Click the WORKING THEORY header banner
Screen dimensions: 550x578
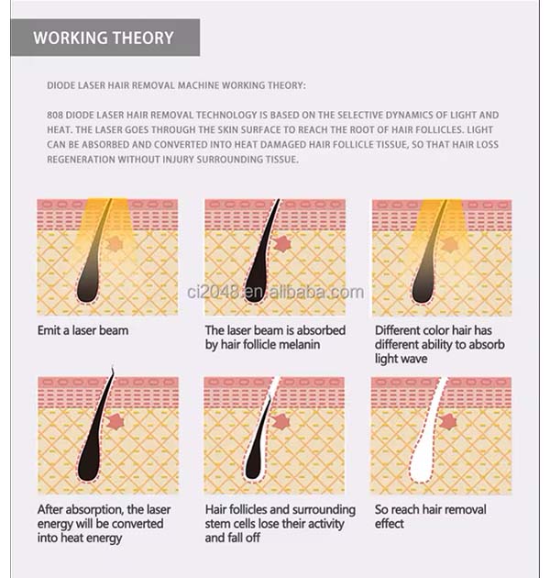(x=105, y=38)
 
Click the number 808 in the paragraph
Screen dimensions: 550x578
(x=55, y=115)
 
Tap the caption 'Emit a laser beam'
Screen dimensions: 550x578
(x=82, y=330)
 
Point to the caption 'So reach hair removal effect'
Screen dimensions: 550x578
(x=430, y=517)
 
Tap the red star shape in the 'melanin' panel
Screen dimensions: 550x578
(x=282, y=244)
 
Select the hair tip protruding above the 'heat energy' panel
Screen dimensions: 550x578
(x=113, y=370)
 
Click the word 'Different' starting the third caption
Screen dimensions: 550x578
(x=398, y=330)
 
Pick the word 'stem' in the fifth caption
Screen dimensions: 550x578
(x=218, y=524)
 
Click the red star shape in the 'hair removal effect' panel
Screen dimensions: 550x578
(x=448, y=422)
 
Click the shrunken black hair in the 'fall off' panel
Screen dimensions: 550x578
(x=257, y=442)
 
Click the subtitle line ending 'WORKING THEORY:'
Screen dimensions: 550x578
(x=176, y=85)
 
